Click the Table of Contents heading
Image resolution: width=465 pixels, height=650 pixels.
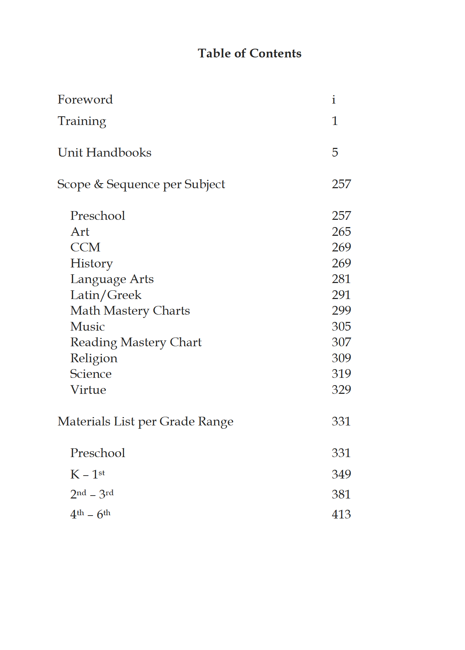tap(249, 53)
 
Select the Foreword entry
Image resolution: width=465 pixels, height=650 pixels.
tap(85, 100)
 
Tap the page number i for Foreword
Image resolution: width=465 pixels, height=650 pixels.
tap(333, 100)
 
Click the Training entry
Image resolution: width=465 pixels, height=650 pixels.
tap(82, 121)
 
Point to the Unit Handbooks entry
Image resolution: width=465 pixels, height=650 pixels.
tap(104, 153)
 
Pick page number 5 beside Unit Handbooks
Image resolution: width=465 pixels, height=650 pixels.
tap(335, 153)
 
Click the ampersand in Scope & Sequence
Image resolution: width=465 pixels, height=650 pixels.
tap(99, 184)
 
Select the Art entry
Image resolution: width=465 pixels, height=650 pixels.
tap(80, 232)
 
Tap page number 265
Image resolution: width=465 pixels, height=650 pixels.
tap(341, 232)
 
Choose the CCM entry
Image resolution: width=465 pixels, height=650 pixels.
tap(85, 247)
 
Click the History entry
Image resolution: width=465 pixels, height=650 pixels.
tap(92, 263)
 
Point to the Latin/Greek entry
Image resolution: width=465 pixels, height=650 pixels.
tap(106, 295)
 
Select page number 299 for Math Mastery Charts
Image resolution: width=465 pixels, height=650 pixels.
tap(341, 311)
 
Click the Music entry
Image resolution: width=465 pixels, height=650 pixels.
tap(88, 327)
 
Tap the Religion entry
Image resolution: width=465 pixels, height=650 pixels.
tap(94, 358)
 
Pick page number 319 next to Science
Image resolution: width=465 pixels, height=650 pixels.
tap(341, 374)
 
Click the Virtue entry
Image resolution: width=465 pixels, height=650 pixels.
tap(88, 390)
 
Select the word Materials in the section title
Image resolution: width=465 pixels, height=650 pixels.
tap(84, 421)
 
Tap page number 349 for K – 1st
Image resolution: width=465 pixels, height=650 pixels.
tap(341, 474)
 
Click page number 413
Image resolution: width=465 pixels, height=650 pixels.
tap(341, 514)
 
